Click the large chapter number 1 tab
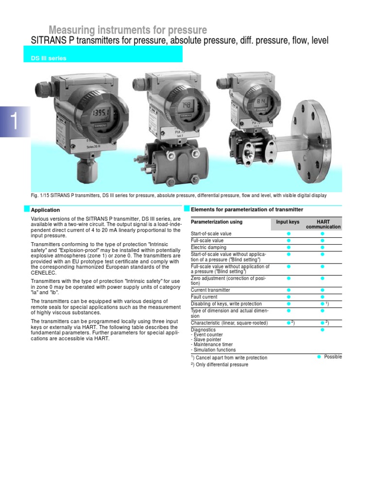[x=15, y=121]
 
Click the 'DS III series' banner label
[x=48, y=58]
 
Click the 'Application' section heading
[x=46, y=210]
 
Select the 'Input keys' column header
[x=288, y=222]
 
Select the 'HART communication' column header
[x=323, y=224]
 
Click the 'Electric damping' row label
[x=209, y=248]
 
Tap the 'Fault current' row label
[x=204, y=297]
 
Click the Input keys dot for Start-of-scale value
[x=288, y=234]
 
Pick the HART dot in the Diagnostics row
[x=322, y=330]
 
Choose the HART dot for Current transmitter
[x=322, y=290]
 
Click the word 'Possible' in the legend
[x=333, y=357]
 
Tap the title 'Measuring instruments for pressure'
[x=128, y=30]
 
